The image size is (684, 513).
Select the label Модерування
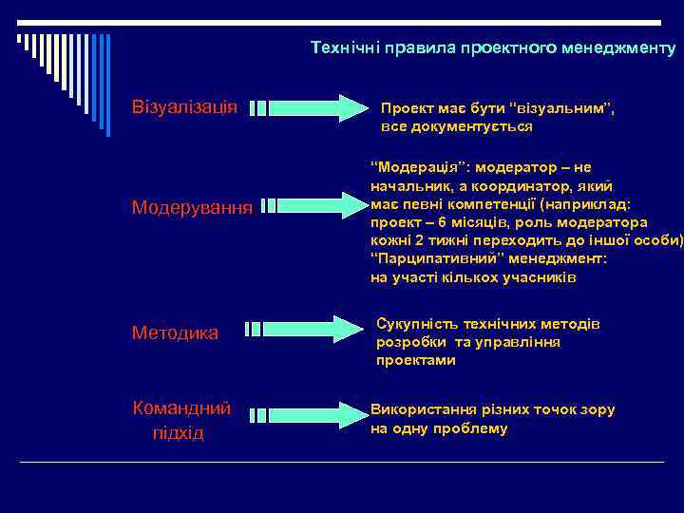pyautogui.click(x=192, y=206)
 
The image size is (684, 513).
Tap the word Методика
pyautogui.click(x=175, y=332)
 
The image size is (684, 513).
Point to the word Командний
pyautogui.click(x=180, y=408)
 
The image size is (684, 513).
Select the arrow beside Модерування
pyautogui.click(x=313, y=204)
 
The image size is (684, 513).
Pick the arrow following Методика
pyautogui.click(x=303, y=329)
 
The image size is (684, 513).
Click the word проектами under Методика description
pyautogui.click(x=416, y=361)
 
